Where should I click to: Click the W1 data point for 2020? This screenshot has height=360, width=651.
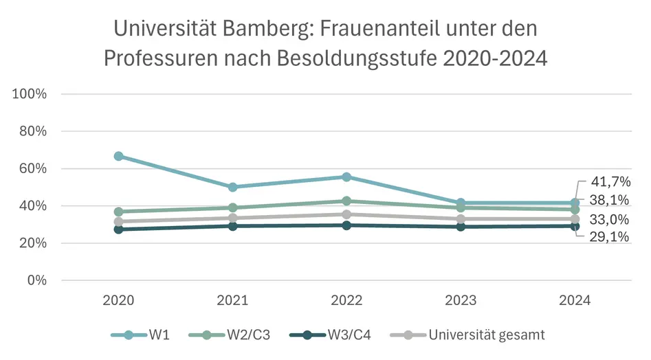[118, 156]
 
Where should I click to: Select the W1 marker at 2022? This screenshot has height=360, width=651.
[346, 177]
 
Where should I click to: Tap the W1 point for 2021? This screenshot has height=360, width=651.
[232, 187]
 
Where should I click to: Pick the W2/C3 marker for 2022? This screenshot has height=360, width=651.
[346, 201]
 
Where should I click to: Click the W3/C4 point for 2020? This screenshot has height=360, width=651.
[118, 229]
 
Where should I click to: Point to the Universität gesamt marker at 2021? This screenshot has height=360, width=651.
[232, 218]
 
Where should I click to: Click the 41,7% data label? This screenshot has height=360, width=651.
[610, 182]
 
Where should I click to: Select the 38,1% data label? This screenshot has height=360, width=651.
[610, 200]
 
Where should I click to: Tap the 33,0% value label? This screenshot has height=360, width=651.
[610, 220]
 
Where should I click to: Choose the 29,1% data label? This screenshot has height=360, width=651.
[610, 237]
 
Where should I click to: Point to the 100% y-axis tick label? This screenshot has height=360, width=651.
[30, 94]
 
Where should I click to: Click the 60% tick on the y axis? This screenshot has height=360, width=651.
[32, 168]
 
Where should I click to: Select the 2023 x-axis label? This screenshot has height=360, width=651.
[461, 300]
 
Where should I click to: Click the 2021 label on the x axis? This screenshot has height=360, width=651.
[232, 300]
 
